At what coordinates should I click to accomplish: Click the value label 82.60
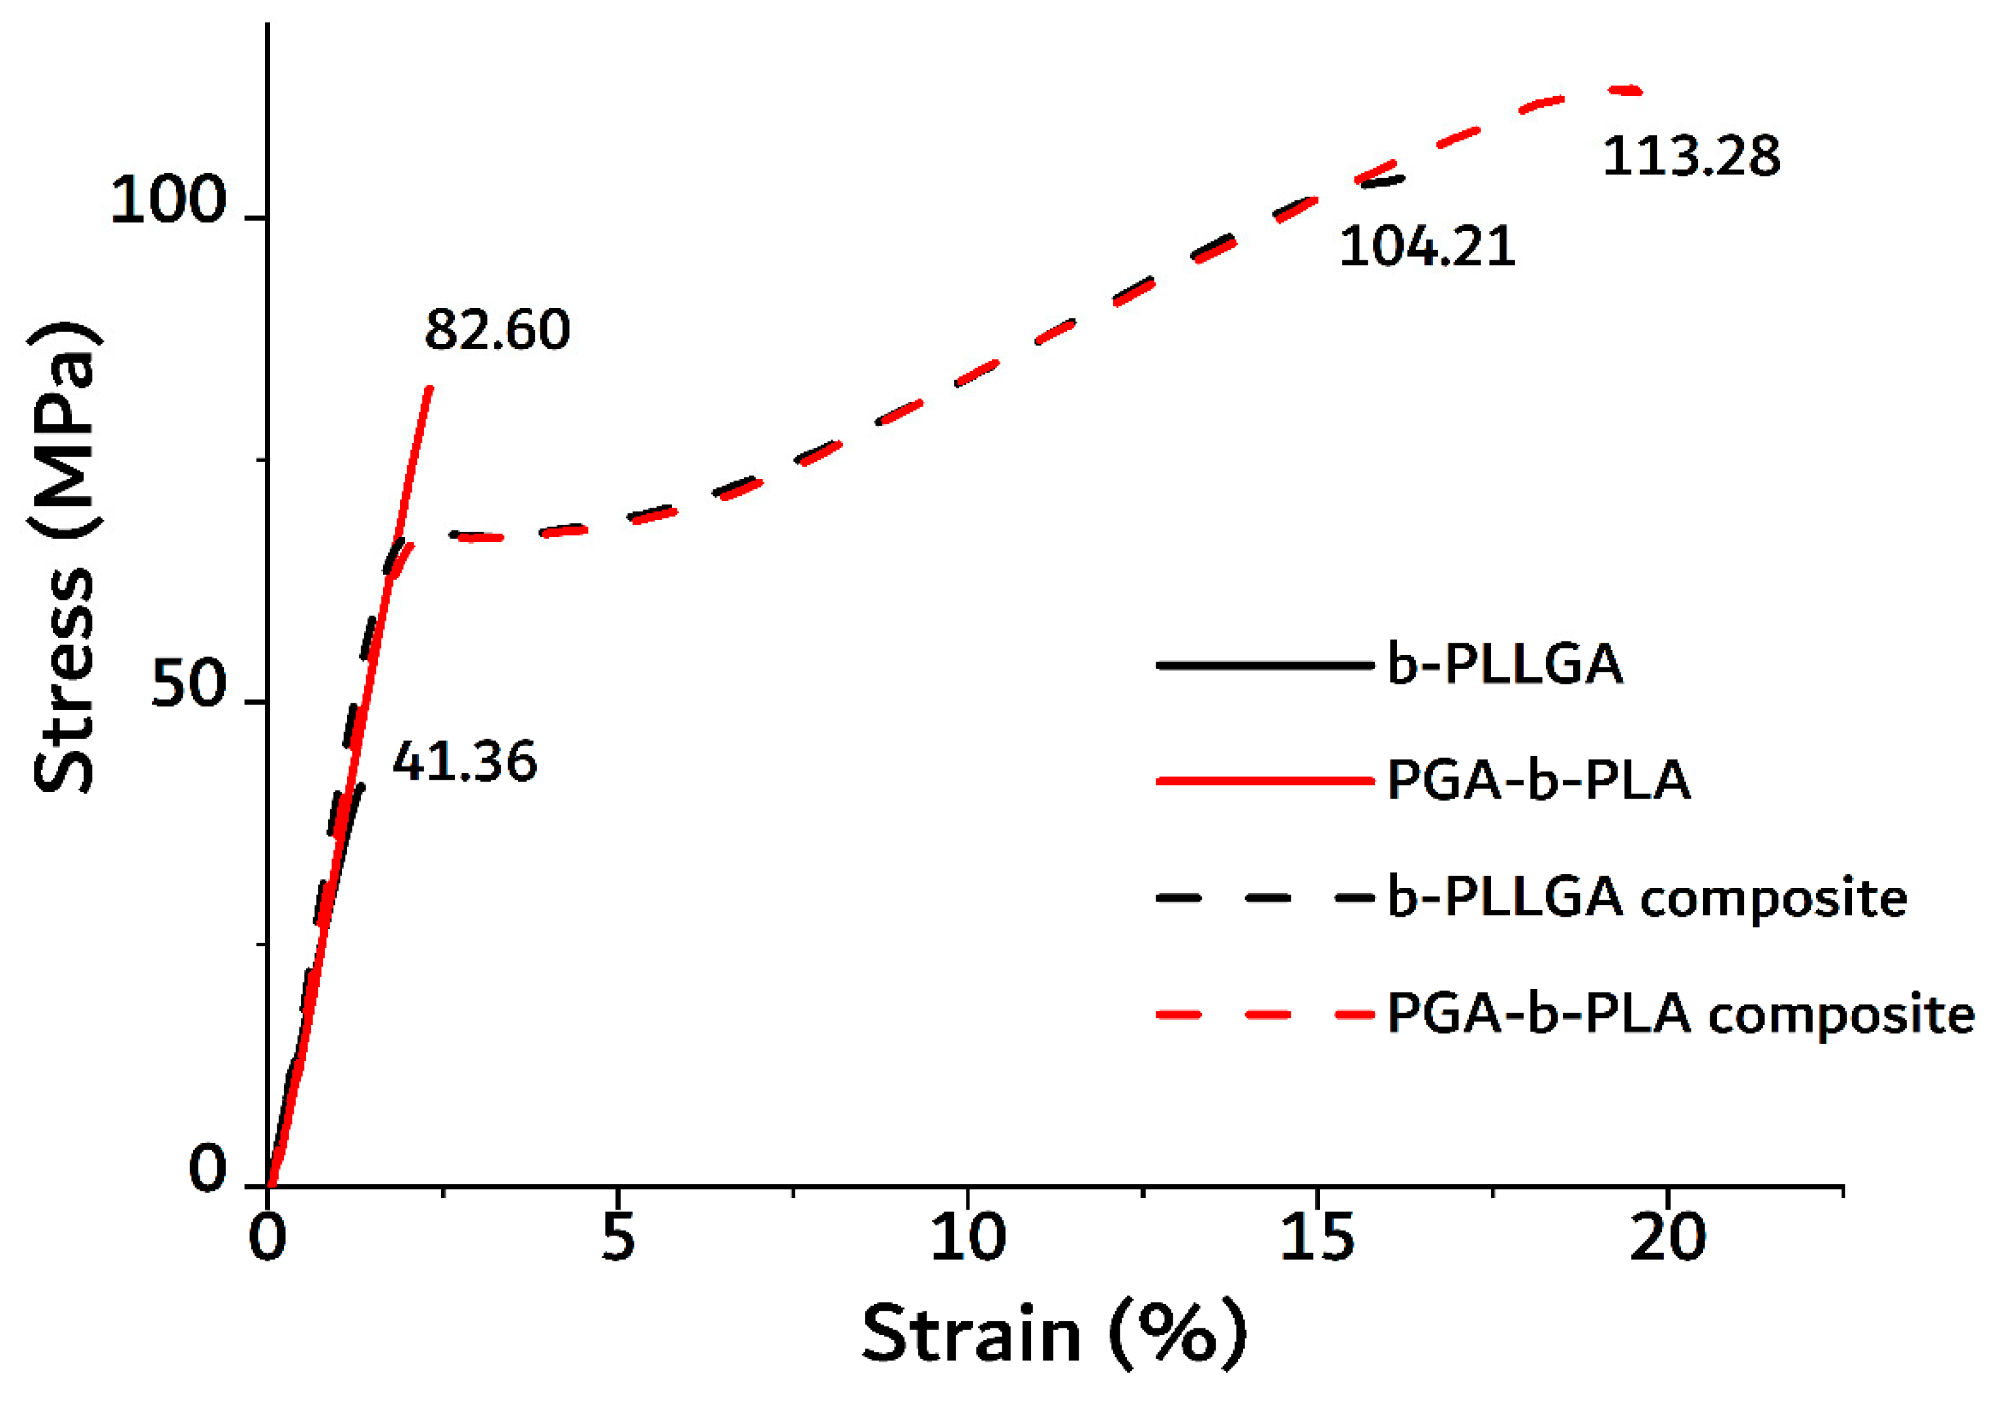point(497,330)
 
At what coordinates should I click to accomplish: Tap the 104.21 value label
point(1427,247)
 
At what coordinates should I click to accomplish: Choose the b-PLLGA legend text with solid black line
point(1505,665)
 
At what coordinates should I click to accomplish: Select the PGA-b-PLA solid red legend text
point(1539,780)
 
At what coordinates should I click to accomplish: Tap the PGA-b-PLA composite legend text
point(1680,1014)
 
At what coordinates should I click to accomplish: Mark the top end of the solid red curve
point(428,389)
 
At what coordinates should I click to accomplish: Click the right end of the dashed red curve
point(1639,91)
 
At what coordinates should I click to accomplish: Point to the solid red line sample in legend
point(1265,781)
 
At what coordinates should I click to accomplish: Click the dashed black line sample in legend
point(1265,897)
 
